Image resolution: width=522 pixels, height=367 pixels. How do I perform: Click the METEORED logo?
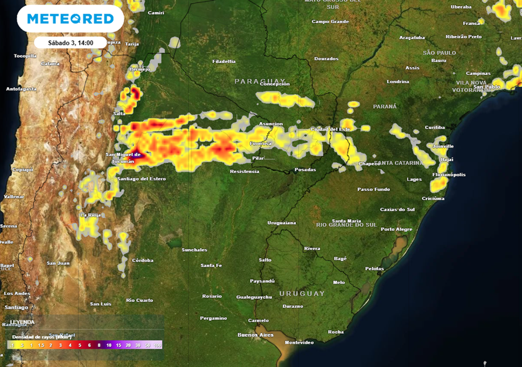[x=70, y=19]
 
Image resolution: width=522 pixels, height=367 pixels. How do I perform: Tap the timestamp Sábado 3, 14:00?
[x=70, y=43]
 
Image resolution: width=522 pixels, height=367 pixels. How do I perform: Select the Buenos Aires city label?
[x=255, y=335]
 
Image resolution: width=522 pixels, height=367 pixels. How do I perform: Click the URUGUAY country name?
[x=302, y=294]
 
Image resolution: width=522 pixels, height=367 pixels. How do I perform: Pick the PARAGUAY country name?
[x=260, y=81]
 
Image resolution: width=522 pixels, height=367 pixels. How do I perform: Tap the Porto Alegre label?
[x=397, y=229]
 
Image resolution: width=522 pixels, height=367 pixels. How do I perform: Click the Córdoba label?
[x=143, y=260]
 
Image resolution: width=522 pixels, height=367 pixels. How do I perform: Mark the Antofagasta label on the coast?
[x=21, y=89]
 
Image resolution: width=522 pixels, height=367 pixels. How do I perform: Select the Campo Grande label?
[x=330, y=22]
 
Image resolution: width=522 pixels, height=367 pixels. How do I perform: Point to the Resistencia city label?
[x=244, y=172]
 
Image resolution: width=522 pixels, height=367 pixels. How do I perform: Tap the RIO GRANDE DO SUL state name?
[x=346, y=224]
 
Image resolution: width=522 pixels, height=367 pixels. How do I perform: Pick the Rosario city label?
[x=212, y=296]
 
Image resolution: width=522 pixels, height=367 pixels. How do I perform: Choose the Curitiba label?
[x=435, y=127]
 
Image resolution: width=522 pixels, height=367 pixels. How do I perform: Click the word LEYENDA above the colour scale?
[x=22, y=322]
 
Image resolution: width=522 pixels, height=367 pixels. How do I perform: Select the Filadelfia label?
[x=224, y=62]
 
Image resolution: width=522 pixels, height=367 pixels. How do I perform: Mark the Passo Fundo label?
[x=374, y=189]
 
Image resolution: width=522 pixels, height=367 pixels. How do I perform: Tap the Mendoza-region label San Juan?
[x=58, y=263]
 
